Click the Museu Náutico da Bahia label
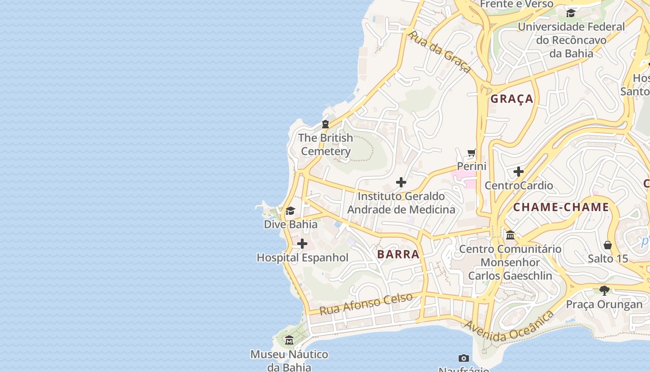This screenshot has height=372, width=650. tap(289, 361)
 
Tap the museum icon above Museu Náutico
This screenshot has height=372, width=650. tap(289, 340)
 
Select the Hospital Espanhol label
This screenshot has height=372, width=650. tap(302, 258)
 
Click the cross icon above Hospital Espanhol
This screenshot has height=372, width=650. tap(302, 244)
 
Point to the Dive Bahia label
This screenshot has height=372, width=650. tap(291, 224)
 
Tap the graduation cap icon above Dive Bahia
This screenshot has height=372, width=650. tap(291, 211)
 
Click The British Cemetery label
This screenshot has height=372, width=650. tap(325, 145)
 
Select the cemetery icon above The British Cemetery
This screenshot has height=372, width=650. tap(325, 124)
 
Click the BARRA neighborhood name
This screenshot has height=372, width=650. tap(398, 254)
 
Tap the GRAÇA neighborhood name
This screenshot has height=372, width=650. tap(512, 99)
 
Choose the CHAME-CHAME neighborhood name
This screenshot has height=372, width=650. tap(561, 207)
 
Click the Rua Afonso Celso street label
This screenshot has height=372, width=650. tap(366, 304)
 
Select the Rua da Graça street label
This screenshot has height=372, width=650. tap(439, 52)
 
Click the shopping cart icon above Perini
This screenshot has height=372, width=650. tap(472, 153)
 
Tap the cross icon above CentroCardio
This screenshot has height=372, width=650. tap(519, 172)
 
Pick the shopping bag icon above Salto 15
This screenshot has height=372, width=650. tap(608, 245)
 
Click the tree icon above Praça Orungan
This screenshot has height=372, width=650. tap(604, 291)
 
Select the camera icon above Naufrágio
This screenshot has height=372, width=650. tap(463, 358)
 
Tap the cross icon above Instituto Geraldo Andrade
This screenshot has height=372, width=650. tap(401, 182)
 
